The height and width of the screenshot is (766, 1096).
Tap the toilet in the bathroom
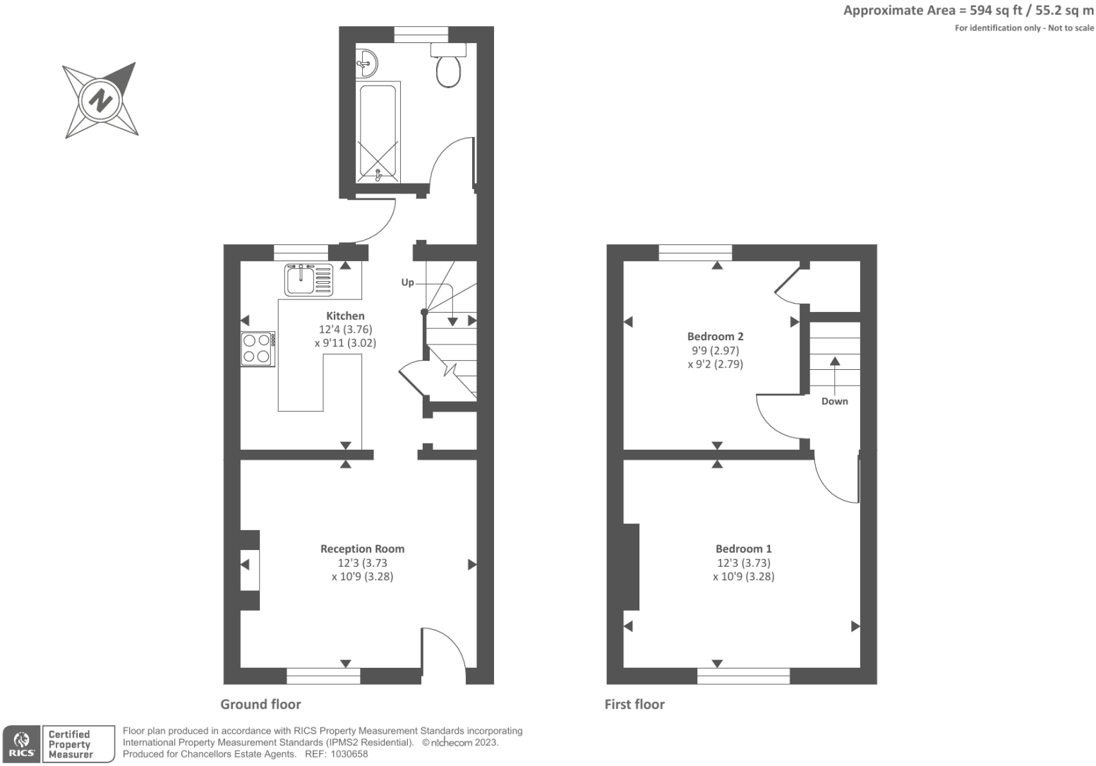(448, 67)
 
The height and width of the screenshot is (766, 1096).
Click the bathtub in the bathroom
(378, 132)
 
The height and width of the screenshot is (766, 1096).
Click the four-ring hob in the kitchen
(258, 349)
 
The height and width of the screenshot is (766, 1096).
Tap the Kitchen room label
(345, 316)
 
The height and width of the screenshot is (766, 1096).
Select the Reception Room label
(362, 549)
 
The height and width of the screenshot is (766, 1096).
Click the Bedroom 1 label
(743, 549)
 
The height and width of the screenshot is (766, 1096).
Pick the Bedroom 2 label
(715, 337)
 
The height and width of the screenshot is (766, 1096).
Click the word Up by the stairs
(407, 282)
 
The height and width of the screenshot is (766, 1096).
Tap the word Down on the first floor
(834, 401)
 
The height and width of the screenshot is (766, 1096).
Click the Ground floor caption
(260, 704)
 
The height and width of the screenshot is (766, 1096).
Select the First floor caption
(634, 704)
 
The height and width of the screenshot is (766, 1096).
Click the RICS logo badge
(22, 744)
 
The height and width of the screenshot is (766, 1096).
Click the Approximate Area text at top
(968, 11)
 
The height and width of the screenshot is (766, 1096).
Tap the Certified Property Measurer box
(78, 744)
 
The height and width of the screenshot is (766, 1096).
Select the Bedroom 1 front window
(743, 676)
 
